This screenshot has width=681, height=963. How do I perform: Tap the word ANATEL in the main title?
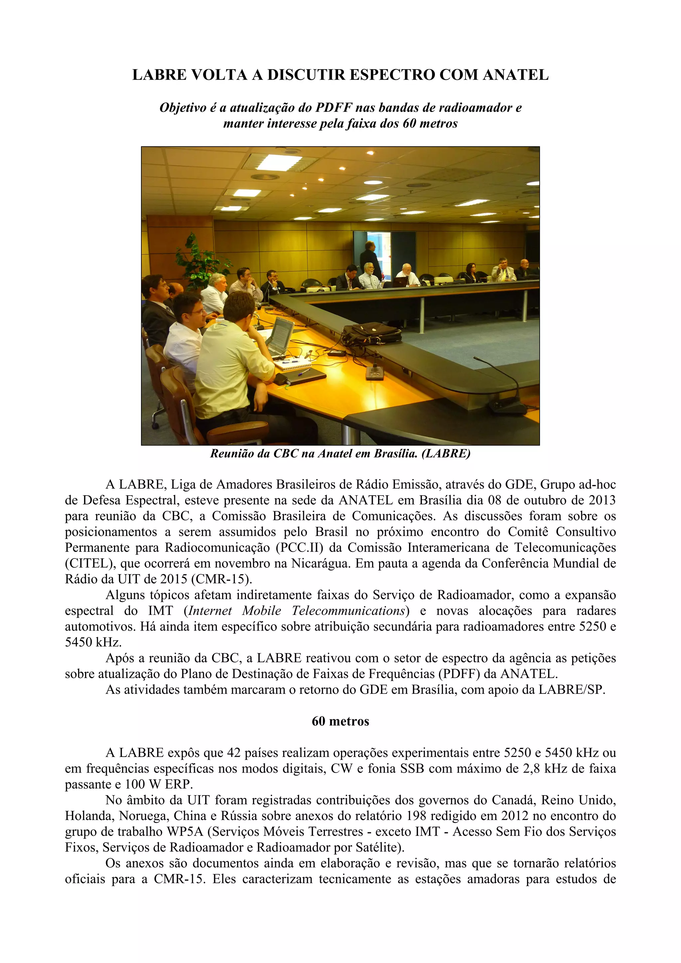tap(516, 75)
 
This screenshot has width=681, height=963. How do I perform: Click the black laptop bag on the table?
tap(371, 333)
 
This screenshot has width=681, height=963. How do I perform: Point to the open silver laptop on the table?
tap(280, 335)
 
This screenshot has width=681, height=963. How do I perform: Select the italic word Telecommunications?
tap(350, 610)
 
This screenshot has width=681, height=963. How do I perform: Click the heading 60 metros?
tap(340, 721)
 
